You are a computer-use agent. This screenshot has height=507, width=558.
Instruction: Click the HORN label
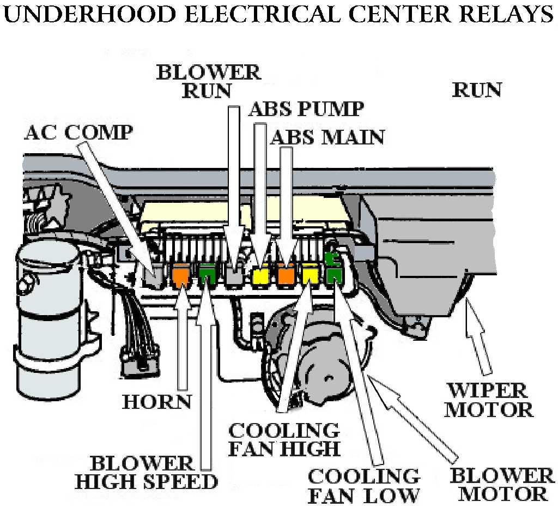(157, 402)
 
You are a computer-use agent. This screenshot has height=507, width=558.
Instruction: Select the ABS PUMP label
(306, 109)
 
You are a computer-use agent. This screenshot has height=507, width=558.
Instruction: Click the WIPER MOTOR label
(488, 400)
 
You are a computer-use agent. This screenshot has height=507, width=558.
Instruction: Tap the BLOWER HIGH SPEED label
(146, 472)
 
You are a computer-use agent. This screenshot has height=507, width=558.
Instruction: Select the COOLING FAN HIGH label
(283, 439)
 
